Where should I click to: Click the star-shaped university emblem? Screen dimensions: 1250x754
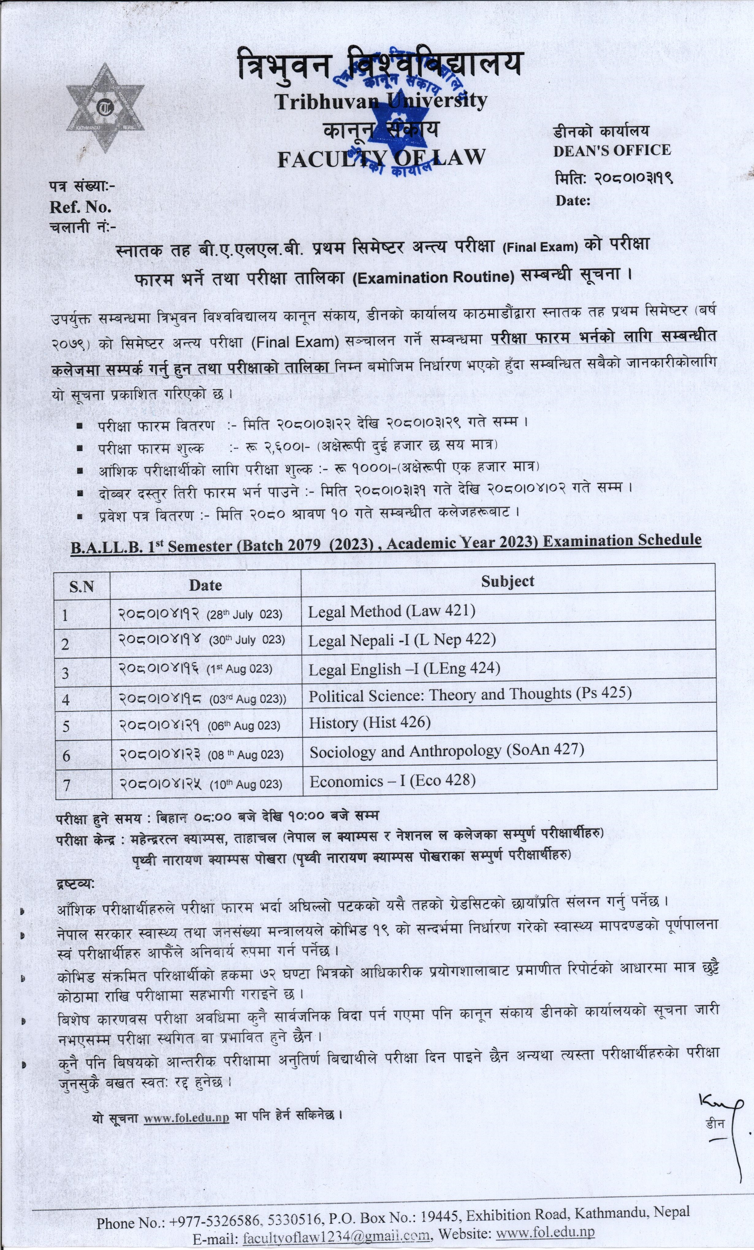click(x=108, y=108)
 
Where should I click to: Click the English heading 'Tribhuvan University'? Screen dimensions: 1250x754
click(x=381, y=101)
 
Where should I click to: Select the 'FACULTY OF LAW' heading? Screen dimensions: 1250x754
click(x=381, y=158)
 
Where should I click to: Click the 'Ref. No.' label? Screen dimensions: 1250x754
click(x=80, y=207)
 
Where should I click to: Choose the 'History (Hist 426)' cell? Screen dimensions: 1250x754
click(x=370, y=722)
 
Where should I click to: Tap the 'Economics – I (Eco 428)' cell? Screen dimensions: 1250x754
click(x=393, y=781)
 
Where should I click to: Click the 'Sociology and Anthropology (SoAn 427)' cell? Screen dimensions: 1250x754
click(x=447, y=750)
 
